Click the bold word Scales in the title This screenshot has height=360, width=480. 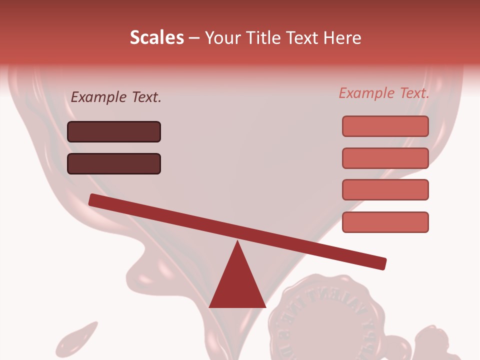pos(156,38)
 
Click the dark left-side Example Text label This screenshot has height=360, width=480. pos(116,97)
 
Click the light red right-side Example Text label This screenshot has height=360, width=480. pos(384,93)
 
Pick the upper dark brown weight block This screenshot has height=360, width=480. pos(114,131)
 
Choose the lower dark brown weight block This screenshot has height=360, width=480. pos(114,163)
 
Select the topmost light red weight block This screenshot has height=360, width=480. pos(385,126)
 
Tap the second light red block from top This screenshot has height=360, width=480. pos(385,158)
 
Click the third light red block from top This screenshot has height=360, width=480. pos(385,189)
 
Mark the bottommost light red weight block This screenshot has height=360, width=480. pos(385,222)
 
